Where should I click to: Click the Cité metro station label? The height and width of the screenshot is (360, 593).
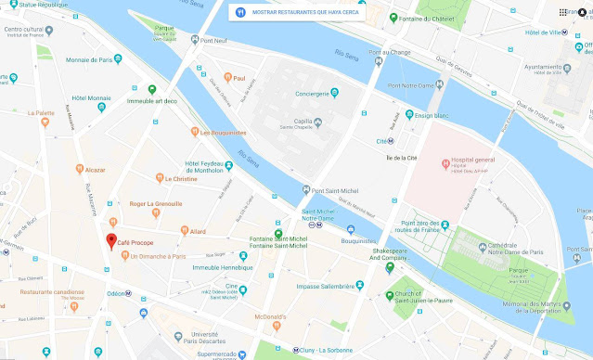(x=380, y=142)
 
